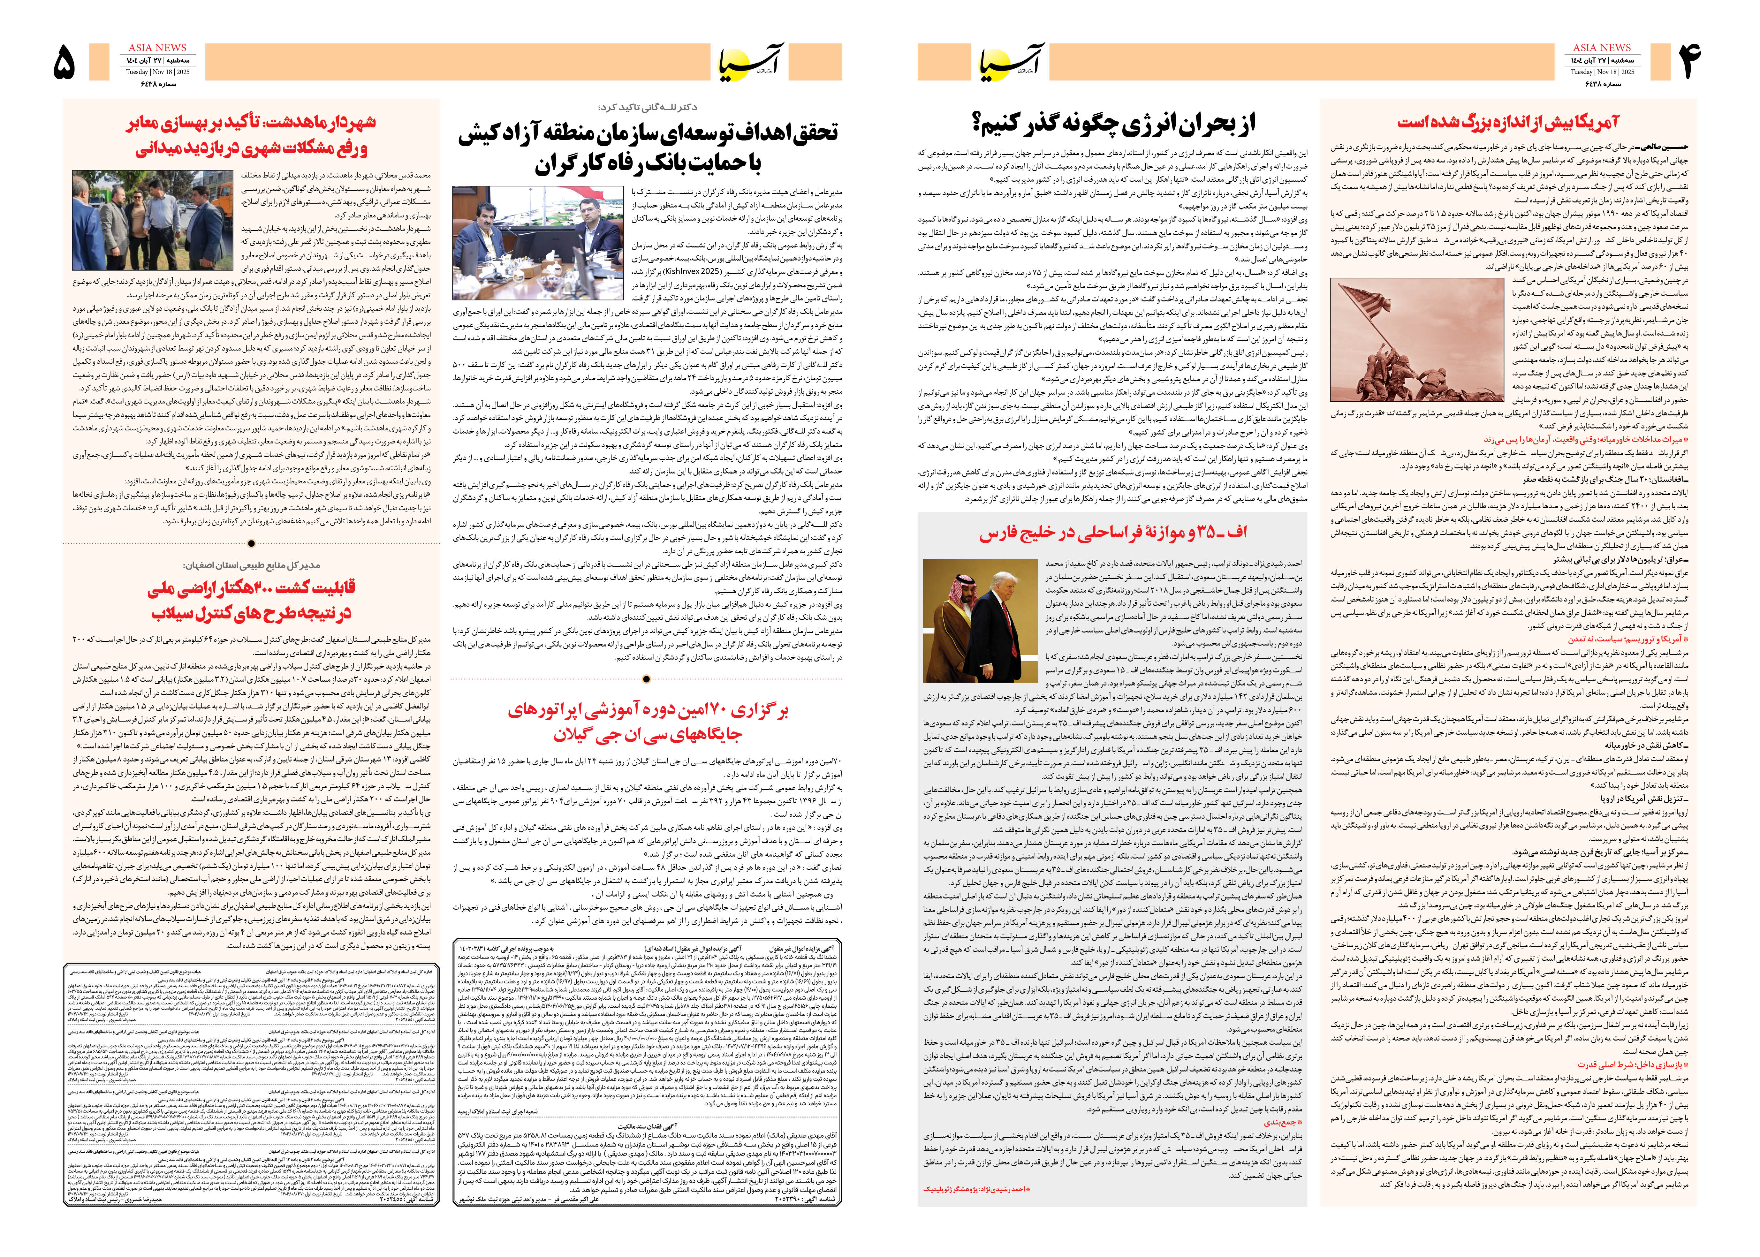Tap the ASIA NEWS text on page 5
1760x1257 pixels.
(x=157, y=48)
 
